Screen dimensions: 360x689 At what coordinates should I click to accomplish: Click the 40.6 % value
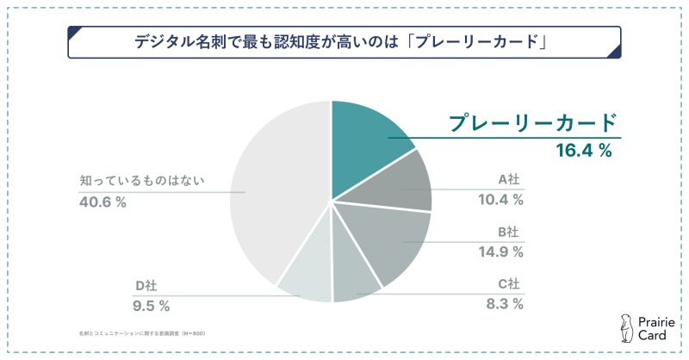[x=102, y=202]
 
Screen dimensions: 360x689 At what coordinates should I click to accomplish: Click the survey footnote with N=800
[x=139, y=332]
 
